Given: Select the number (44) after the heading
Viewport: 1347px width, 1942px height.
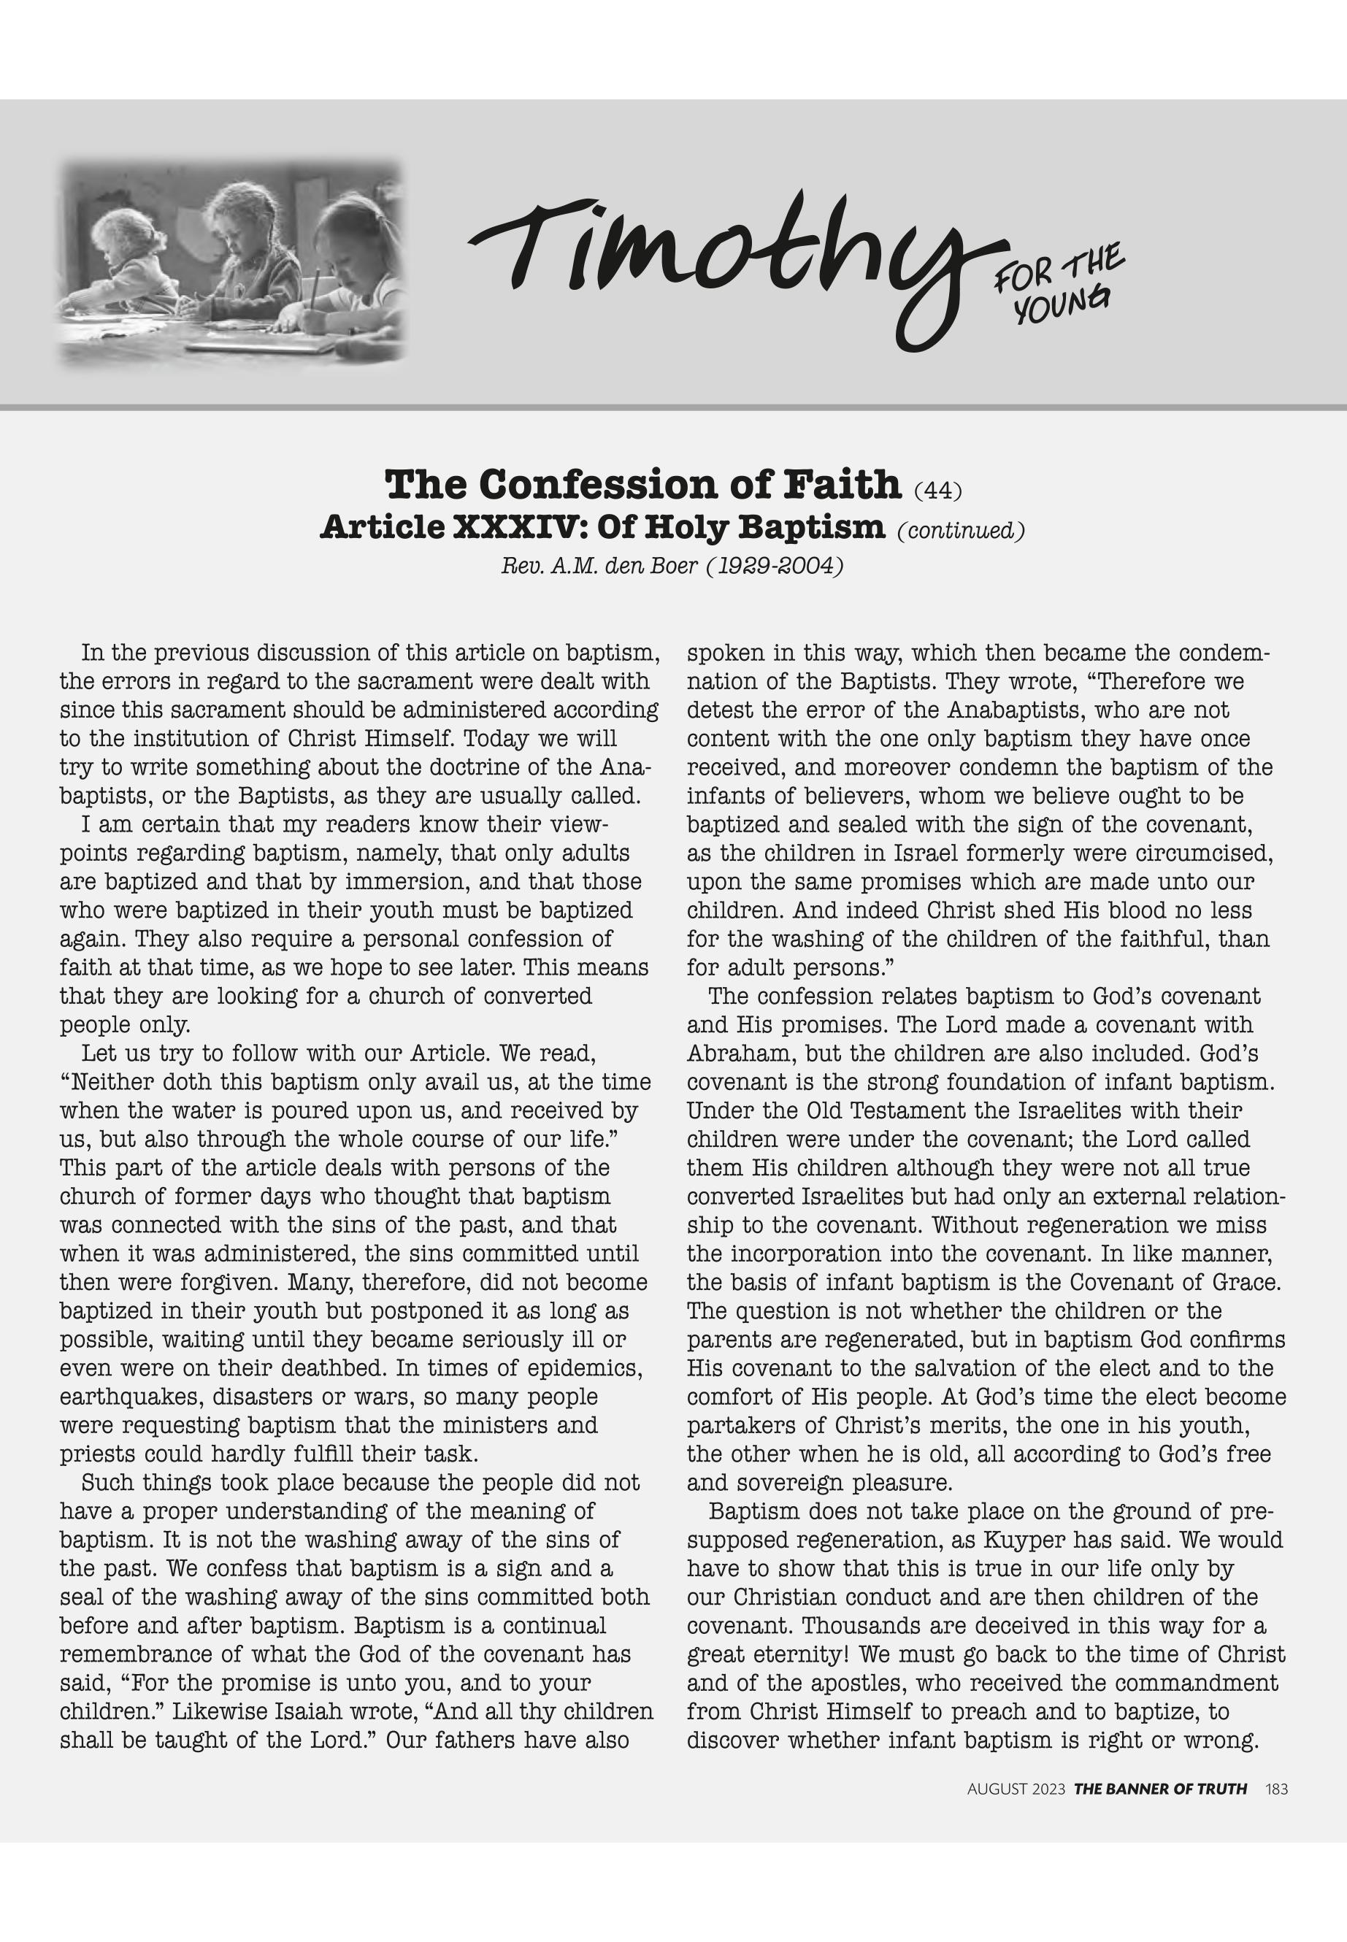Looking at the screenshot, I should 937,489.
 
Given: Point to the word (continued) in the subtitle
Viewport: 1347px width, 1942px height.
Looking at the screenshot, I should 961,531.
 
